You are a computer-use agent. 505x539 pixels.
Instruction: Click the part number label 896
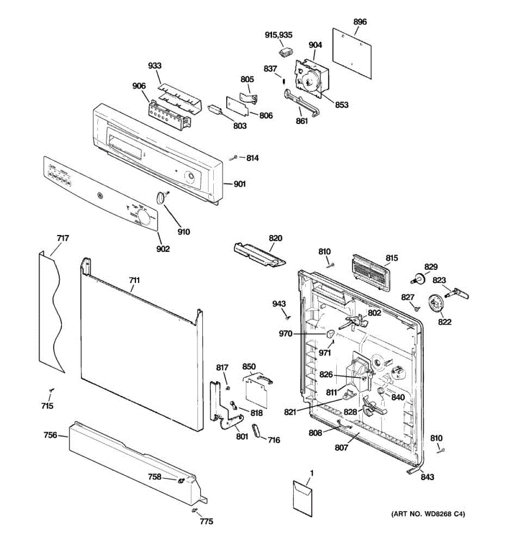tap(360, 22)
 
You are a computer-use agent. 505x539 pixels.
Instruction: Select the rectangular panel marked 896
tap(352, 53)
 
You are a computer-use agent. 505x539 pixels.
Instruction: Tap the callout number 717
tap(63, 238)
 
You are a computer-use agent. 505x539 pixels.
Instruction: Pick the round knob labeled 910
tap(161, 198)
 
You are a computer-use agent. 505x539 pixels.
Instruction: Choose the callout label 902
tap(163, 248)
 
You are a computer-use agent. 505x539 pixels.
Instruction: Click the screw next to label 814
tap(234, 158)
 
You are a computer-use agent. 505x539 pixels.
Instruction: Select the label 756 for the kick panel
tap(50, 435)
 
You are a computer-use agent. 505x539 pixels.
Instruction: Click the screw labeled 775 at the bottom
tap(194, 511)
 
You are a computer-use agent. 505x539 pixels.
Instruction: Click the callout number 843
tap(427, 477)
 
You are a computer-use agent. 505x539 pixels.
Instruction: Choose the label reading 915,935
tap(278, 35)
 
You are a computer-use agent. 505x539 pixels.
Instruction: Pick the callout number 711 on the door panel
tap(134, 280)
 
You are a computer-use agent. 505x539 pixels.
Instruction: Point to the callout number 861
tap(302, 121)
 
